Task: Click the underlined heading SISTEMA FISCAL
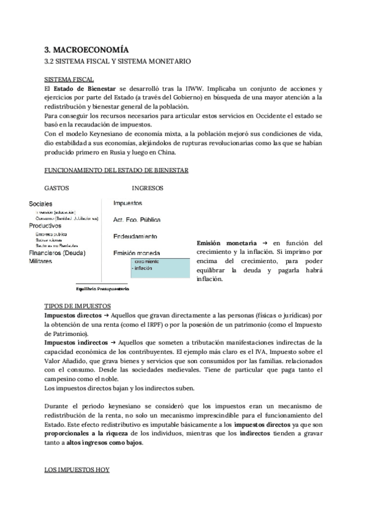(69, 80)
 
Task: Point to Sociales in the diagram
(40, 204)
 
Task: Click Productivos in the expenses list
(45, 226)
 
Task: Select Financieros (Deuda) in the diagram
(57, 253)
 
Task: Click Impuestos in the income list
(127, 202)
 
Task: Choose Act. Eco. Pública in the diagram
(137, 219)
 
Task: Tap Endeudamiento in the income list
(135, 236)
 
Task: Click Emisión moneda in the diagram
(137, 253)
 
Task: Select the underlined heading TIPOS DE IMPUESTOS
(77, 305)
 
